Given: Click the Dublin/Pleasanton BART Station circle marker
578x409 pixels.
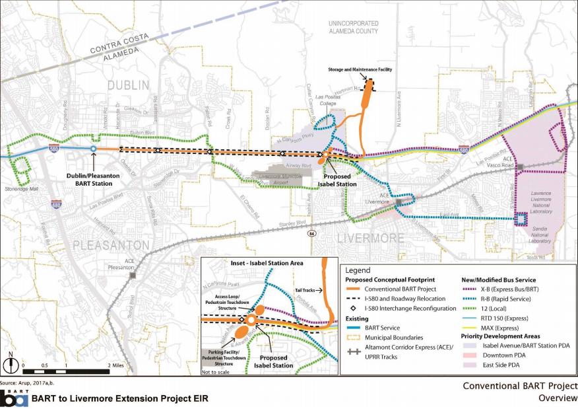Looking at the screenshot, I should click(93, 149).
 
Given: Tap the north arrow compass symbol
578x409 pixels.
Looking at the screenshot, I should click(11, 364).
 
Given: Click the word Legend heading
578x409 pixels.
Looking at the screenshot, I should click(358, 270).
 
